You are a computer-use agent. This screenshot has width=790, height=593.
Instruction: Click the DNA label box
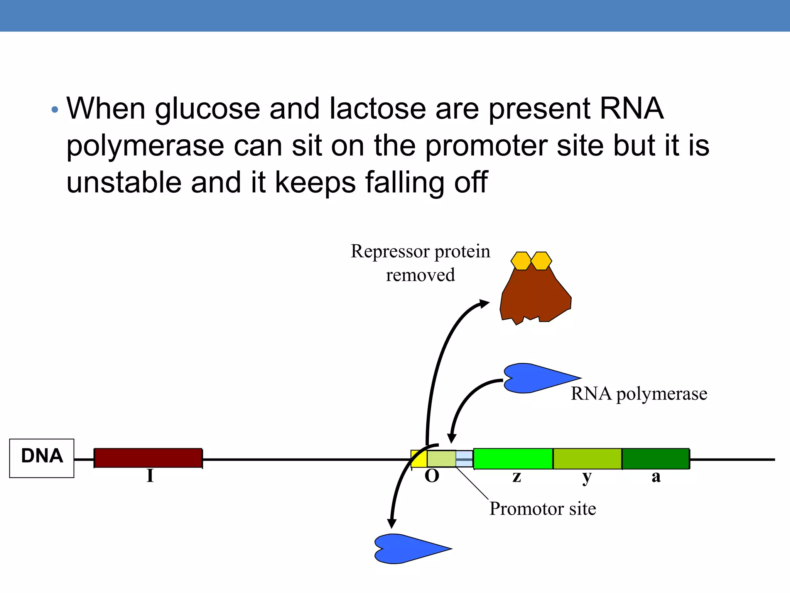(42, 458)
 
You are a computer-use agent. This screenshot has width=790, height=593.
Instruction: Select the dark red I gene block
(148, 458)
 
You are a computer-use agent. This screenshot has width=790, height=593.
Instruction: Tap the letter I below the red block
(150, 476)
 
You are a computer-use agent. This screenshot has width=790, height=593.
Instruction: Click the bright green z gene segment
(513, 459)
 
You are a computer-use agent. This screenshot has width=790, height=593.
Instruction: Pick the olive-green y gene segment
(587, 459)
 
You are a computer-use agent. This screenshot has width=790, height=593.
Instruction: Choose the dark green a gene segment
(655, 459)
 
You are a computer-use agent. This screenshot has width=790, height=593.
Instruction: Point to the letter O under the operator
(432, 476)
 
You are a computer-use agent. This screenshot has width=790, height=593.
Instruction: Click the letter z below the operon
(517, 477)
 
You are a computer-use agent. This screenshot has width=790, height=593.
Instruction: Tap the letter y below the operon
(586, 478)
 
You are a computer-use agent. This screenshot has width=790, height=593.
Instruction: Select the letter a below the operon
(656, 477)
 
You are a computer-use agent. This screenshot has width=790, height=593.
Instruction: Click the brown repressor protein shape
(535, 297)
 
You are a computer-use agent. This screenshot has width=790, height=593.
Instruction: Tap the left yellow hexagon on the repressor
(521, 261)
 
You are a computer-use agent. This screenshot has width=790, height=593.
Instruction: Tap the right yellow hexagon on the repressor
(541, 261)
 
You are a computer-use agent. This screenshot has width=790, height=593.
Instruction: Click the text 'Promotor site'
(542, 509)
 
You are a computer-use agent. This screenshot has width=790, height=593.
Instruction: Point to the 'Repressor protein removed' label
(420, 263)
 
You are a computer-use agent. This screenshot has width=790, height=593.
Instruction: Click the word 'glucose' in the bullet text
(208, 109)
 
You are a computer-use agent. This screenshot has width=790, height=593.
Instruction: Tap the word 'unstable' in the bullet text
(124, 183)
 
